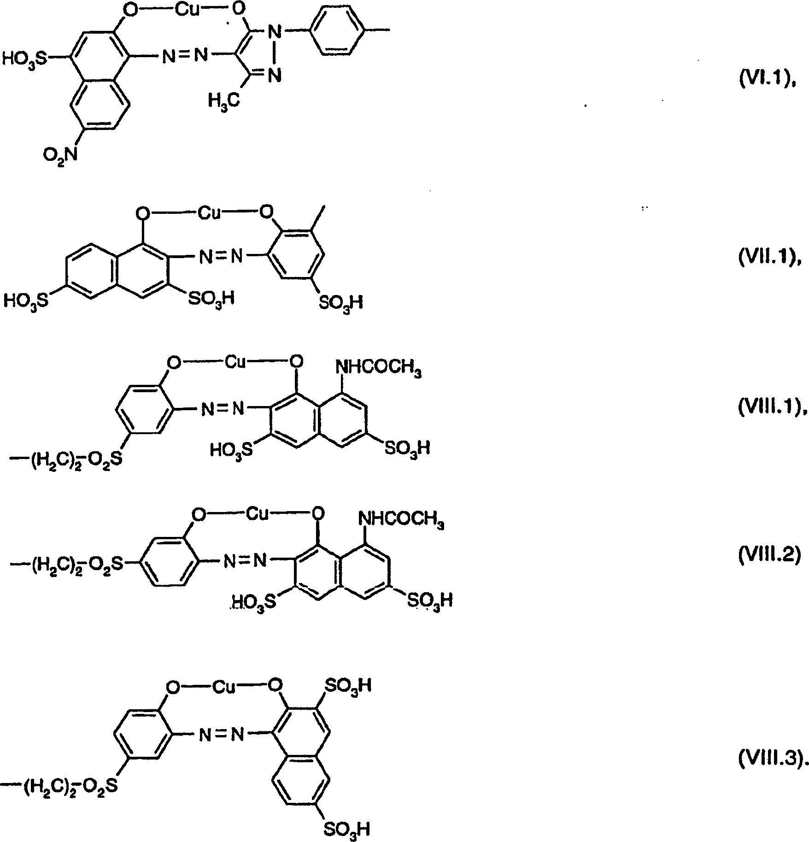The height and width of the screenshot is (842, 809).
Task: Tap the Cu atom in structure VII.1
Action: point(210,213)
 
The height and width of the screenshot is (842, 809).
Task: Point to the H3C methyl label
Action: point(224,100)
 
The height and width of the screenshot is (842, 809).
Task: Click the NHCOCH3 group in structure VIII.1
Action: point(379,368)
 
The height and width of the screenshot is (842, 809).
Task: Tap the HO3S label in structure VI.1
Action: point(24,59)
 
